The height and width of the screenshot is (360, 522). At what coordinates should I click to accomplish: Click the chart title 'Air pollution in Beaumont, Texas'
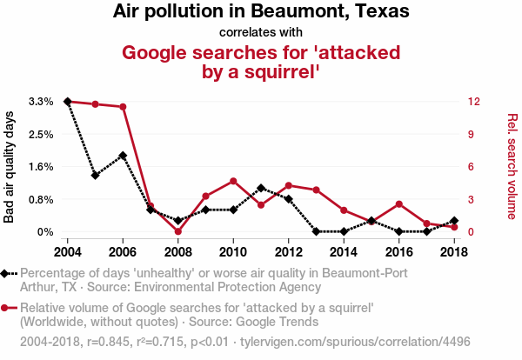tap(261, 12)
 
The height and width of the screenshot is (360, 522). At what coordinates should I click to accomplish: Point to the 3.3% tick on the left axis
tap(41, 102)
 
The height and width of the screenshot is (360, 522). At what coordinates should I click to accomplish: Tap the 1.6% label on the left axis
tap(41, 167)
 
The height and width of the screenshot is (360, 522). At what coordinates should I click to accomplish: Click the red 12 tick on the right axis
tap(472, 102)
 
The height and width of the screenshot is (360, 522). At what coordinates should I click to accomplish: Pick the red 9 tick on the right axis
tap(472, 134)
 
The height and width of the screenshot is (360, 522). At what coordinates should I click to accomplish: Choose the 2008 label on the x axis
tap(177, 251)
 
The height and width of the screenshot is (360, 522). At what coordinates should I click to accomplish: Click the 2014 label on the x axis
tap(344, 251)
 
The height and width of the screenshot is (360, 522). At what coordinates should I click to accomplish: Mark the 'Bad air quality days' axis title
tap(10, 167)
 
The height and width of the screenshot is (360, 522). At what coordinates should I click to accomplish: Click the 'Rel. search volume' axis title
tap(512, 167)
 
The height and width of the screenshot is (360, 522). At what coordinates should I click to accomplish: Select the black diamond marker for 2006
tap(123, 156)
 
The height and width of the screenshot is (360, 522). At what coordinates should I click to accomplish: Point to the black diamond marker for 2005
tap(95, 176)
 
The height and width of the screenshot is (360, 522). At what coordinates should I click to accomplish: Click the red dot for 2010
tap(233, 181)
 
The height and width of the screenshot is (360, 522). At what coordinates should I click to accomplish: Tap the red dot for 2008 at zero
tap(177, 231)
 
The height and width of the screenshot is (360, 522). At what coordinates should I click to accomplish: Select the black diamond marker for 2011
tap(261, 188)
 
